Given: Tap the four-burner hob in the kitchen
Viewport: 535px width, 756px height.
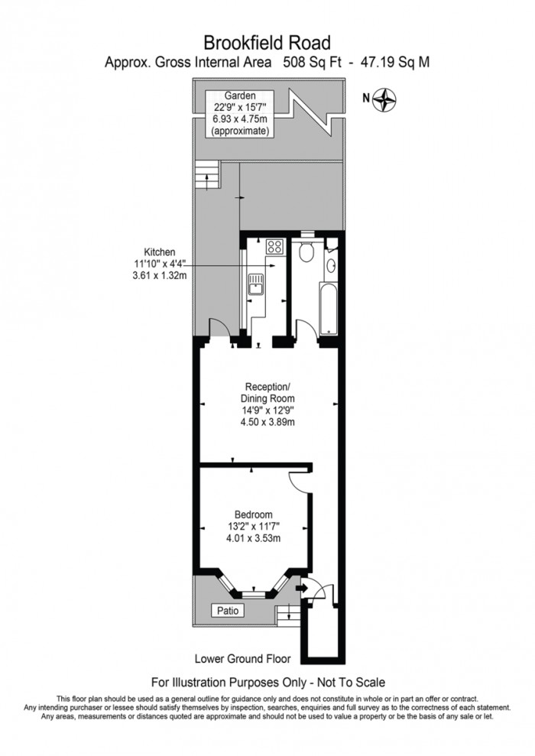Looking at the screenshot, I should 274,246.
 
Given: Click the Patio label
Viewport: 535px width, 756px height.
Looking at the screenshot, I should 228,610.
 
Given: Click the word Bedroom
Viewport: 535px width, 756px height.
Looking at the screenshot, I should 253,514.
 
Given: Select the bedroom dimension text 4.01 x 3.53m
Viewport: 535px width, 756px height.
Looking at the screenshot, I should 253,538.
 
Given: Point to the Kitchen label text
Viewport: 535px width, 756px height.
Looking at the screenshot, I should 160,251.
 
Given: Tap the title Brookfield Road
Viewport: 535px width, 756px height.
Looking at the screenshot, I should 267,41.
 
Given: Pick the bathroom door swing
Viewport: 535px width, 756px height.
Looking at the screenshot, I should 305,329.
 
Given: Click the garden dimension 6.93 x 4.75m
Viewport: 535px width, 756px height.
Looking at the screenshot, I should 241,120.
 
